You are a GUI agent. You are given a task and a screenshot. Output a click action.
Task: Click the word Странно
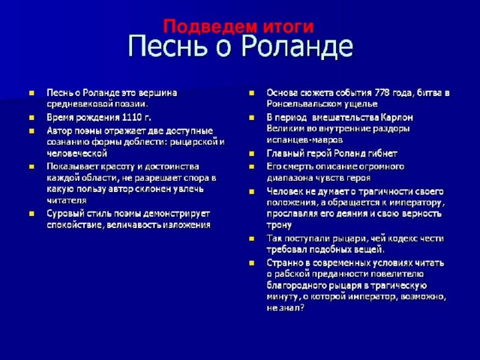pyautogui.click(x=286, y=262)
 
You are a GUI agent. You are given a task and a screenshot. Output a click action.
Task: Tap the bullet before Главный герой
pyautogui.click(x=252, y=153)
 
